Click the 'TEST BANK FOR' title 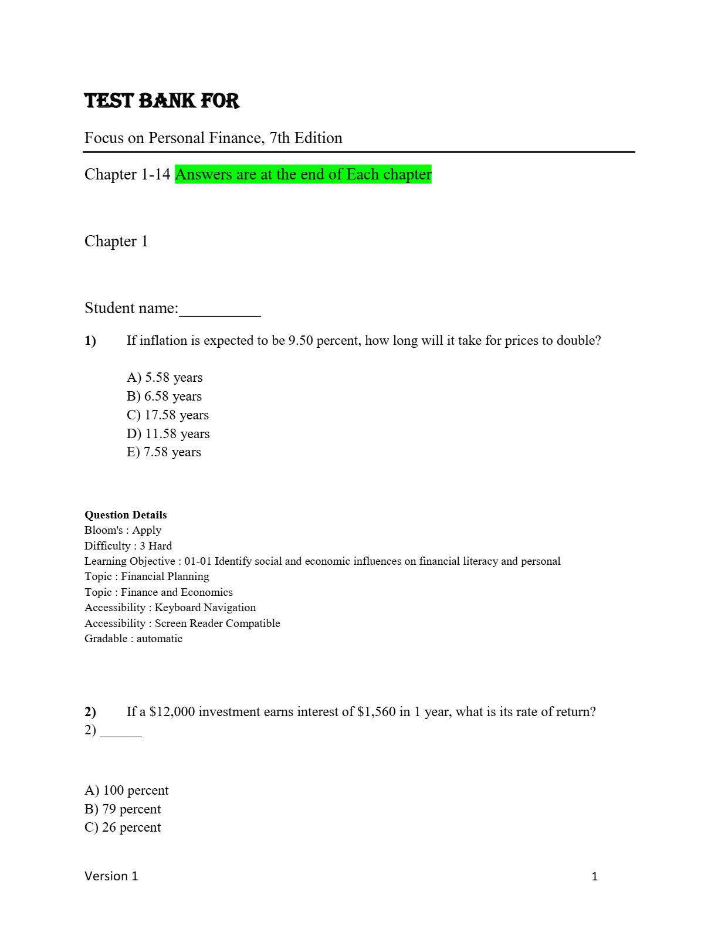[x=162, y=101]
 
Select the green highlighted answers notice [x=303, y=174]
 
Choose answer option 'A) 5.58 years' [x=164, y=378]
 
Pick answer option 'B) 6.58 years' [x=164, y=396]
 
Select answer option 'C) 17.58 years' [x=167, y=415]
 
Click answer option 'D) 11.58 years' [x=168, y=434]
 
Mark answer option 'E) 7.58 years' [x=164, y=452]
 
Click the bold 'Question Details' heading [x=126, y=515]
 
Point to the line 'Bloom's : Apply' [x=123, y=530]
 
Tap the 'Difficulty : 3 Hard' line [x=128, y=546]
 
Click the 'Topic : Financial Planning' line [x=147, y=577]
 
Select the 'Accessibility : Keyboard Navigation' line [x=170, y=608]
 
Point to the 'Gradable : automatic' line [x=133, y=639]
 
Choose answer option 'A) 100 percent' [x=126, y=791]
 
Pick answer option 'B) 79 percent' [x=123, y=809]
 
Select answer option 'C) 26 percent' [x=123, y=828]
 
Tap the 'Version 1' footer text [x=111, y=876]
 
